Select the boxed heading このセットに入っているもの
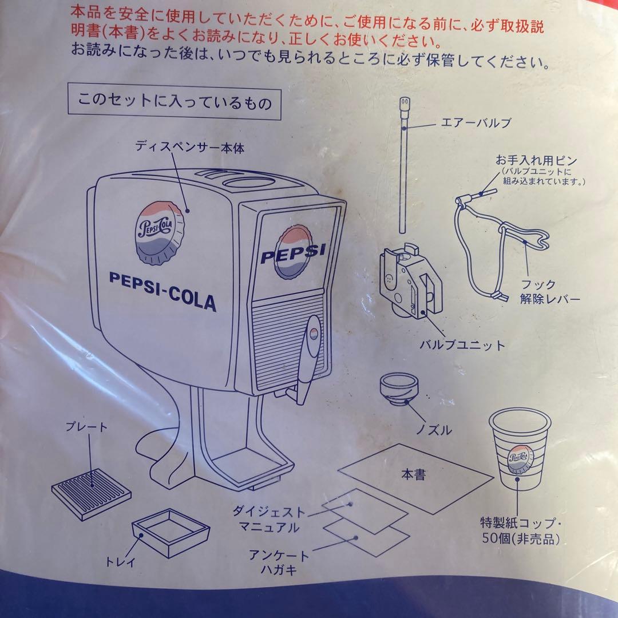(x=175, y=103)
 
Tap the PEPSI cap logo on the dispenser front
(x=294, y=251)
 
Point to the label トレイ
(x=121, y=562)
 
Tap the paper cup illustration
(x=520, y=452)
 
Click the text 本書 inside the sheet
(x=413, y=474)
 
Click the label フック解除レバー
(x=549, y=292)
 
